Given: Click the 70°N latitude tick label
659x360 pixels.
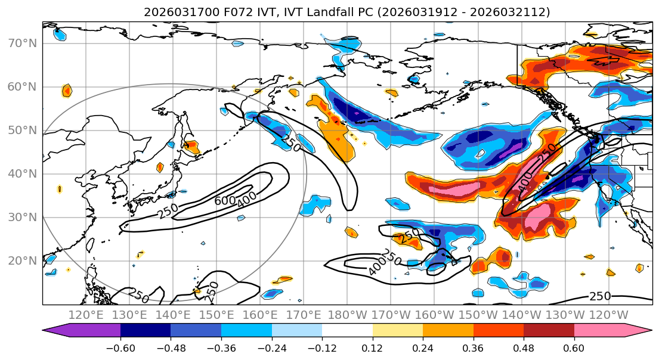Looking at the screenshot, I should [22, 43].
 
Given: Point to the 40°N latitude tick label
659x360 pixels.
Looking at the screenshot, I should [22, 174].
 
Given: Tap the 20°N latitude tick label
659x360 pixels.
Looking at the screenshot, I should [22, 261].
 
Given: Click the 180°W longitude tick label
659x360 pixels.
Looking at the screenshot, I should [347, 315].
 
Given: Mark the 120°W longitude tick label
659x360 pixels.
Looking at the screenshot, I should [608, 315].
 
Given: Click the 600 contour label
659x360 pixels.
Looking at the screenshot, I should [225, 201].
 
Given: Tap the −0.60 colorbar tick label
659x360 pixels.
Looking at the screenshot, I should [120, 347].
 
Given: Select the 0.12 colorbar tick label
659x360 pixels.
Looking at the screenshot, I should [373, 347].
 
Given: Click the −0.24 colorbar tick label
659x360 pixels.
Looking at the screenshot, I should [271, 347].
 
